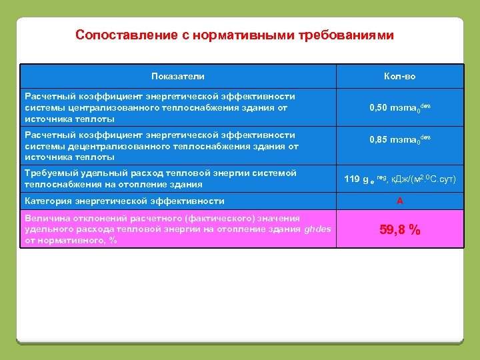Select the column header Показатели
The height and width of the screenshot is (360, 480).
tap(178, 77)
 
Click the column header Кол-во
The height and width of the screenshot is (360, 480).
tap(400, 77)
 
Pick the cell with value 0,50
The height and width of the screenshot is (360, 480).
tap(382, 108)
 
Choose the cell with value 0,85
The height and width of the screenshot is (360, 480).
tap(382, 141)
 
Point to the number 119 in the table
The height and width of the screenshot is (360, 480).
tap(352, 179)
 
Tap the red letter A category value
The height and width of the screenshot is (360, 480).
tap(400, 201)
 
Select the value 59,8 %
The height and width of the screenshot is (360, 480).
tap(400, 230)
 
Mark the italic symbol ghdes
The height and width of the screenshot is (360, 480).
tap(317, 229)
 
